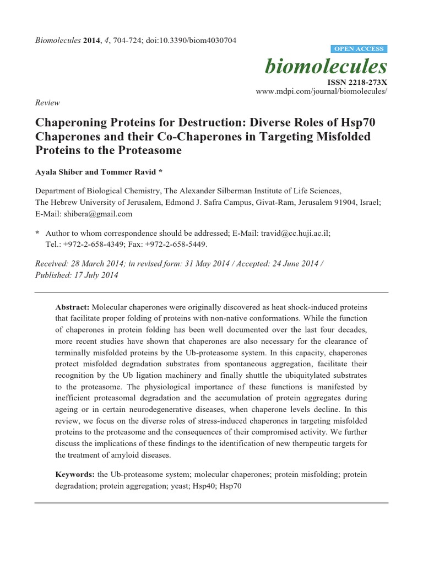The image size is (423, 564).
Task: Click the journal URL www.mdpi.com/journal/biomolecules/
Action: pyautogui.click(x=322, y=91)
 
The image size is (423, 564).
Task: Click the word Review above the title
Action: pyautogui.click(x=47, y=102)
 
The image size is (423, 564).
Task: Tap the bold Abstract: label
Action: pyautogui.click(x=73, y=307)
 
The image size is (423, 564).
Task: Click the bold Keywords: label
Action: pyautogui.click(x=75, y=474)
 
